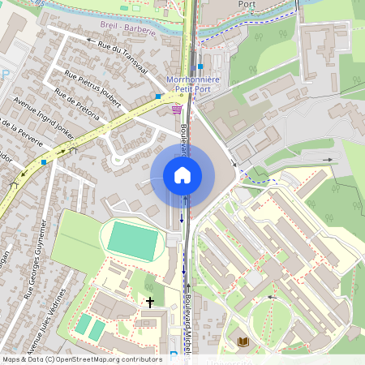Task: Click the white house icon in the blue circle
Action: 182,175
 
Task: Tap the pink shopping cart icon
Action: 177,109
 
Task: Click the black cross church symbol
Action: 149,303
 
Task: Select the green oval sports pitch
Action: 133,241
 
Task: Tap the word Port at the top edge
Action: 247,4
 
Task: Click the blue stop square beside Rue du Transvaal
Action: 158,97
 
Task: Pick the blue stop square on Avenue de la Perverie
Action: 44,161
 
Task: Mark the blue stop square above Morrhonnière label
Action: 200,67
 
